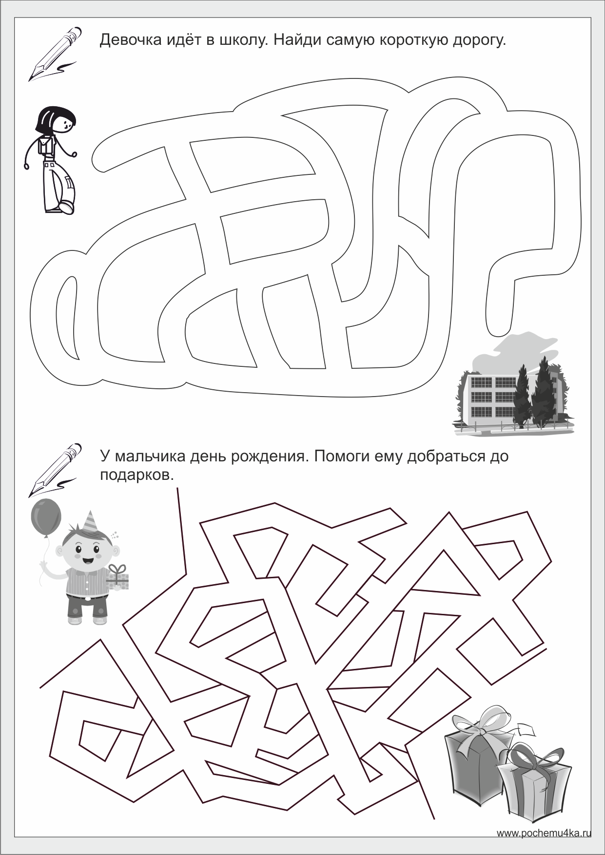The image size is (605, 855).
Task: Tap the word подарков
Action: pyautogui.click(x=137, y=475)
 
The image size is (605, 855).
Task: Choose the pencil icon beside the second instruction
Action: pyautogui.click(x=55, y=469)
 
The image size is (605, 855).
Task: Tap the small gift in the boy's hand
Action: pyautogui.click(x=117, y=577)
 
